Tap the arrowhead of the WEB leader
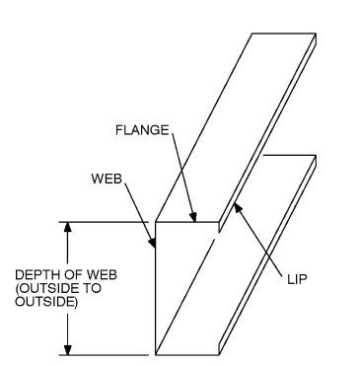click(154, 243)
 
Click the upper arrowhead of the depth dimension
click(68, 226)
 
